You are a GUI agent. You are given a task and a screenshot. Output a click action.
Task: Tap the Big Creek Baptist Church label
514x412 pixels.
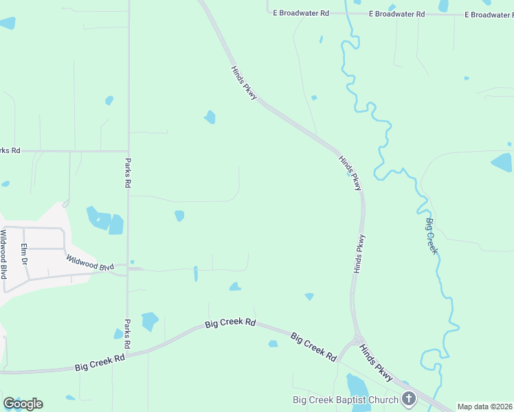pyautogui.click(x=345, y=400)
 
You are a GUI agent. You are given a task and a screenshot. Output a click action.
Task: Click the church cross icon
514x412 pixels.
pyautogui.click(x=409, y=398)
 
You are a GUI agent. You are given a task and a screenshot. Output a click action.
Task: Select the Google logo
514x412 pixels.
pyautogui.click(x=23, y=404)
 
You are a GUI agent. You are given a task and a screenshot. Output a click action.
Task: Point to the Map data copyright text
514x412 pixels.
pyautogui.click(x=484, y=407)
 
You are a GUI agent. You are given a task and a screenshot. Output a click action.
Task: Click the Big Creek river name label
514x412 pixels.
pyautogui.click(x=432, y=236)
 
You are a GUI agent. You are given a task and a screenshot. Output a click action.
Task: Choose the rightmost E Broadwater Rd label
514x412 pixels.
pyautogui.click(x=489, y=14)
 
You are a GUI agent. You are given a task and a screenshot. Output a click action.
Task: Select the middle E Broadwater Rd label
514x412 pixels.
pyautogui.click(x=397, y=14)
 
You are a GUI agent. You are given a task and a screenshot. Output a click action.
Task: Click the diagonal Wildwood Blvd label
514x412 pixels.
pyautogui.click(x=90, y=262)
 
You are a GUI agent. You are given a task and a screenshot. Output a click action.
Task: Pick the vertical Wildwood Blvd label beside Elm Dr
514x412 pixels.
pyautogui.click(x=4, y=254)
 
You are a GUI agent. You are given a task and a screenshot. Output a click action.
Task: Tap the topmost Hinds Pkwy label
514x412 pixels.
pyautogui.click(x=244, y=83)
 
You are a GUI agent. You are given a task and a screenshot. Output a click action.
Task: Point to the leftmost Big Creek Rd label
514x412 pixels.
pyautogui.click(x=100, y=363)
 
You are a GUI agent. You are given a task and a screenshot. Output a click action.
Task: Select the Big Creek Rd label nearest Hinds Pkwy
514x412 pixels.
pyautogui.click(x=313, y=347)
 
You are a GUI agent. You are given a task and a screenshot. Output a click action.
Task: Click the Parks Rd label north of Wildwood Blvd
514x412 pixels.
pyautogui.click(x=128, y=174)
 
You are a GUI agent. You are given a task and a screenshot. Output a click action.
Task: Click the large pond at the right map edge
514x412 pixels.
pyautogui.click(x=502, y=163)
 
